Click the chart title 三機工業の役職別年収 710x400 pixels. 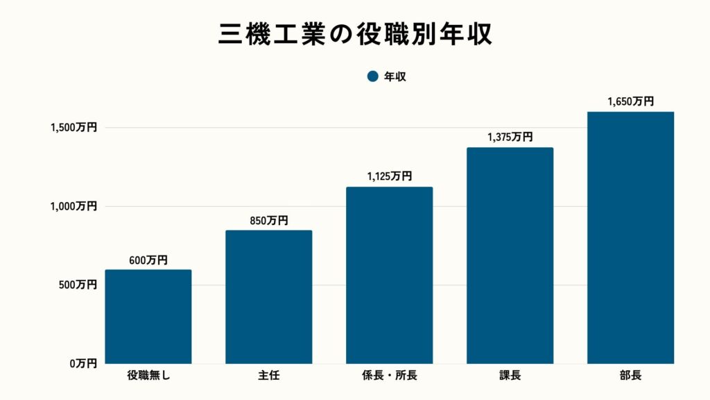pos(355,33)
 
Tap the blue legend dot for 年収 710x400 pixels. pos(372,76)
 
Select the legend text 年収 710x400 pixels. pos(395,76)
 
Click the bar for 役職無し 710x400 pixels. pos(148,317)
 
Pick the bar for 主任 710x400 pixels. pos(269,297)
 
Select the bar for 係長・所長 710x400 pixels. pos(390,276)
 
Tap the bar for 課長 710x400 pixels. pos(510,256)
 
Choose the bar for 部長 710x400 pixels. pos(630,237)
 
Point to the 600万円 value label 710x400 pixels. pos(148,260)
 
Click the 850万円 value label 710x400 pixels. pos(269,221)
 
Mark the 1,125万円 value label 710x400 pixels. pos(390,177)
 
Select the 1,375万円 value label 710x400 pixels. pos(510,137)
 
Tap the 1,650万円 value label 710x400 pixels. pos(630,101)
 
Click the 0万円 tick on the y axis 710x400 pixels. pos(82,363)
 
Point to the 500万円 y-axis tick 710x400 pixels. pos(77,285)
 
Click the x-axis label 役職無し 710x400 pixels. pos(148,376)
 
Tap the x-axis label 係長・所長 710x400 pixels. pos(390,376)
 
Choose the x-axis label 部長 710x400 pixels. pos(630,376)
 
